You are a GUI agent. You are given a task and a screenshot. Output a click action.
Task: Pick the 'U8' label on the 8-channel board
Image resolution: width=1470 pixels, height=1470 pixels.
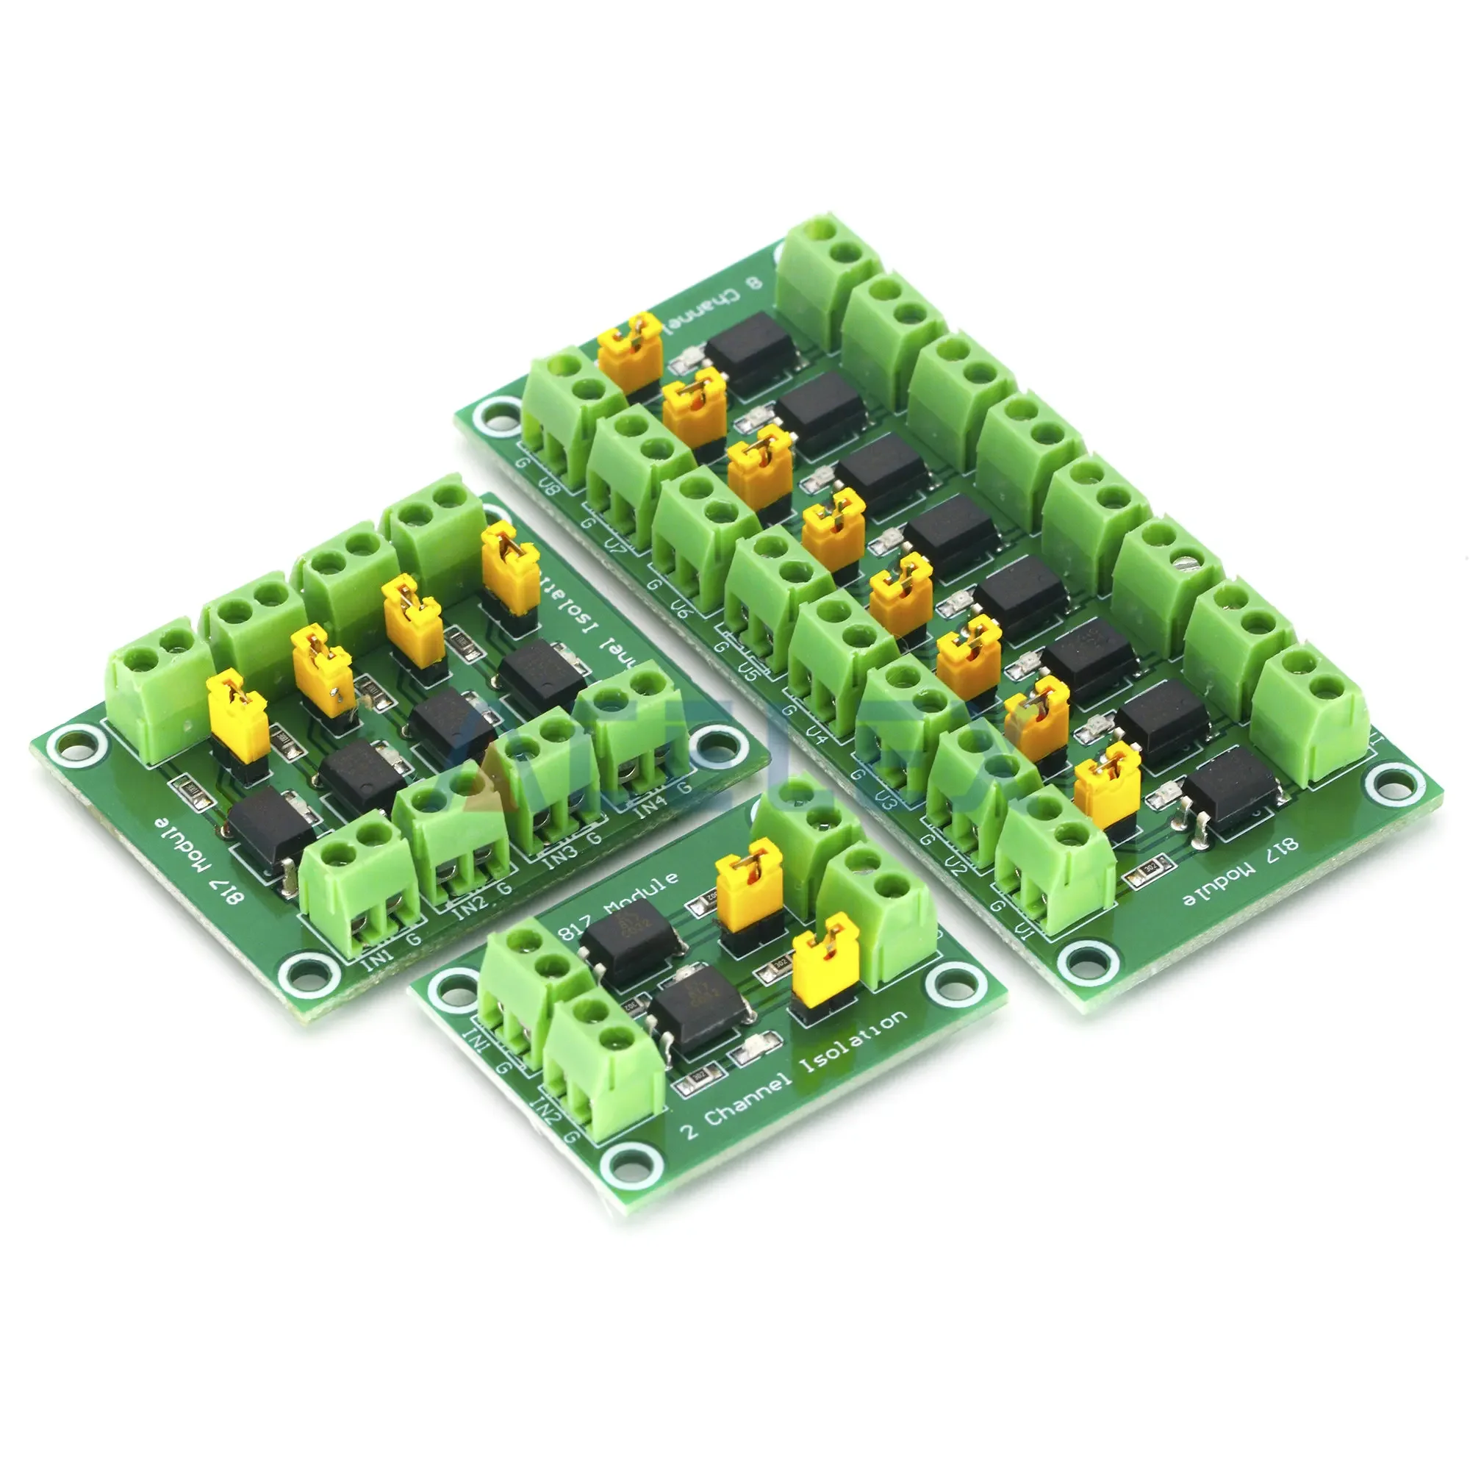point(548,485)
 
